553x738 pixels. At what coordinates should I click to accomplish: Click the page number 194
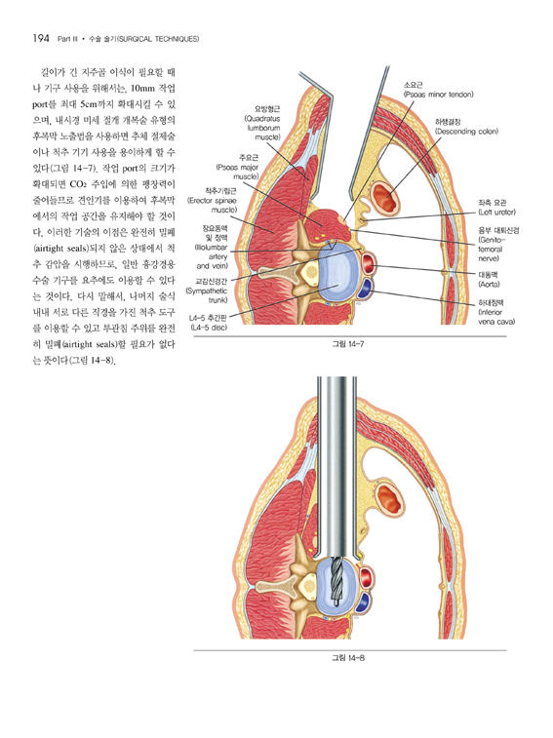(x=41, y=39)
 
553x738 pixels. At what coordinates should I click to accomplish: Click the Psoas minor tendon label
(x=438, y=90)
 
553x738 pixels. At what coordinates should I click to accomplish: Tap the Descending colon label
(x=466, y=127)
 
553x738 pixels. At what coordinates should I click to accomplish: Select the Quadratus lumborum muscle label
(x=262, y=123)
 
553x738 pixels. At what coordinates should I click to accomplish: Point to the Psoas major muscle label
(x=238, y=167)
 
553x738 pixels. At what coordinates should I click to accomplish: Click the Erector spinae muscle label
(x=212, y=200)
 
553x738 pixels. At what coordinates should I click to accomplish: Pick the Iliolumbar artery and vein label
(x=212, y=247)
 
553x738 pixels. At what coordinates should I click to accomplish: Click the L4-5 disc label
(x=209, y=323)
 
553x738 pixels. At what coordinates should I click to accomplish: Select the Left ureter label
(x=496, y=208)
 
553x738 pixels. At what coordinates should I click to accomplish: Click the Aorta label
(x=489, y=279)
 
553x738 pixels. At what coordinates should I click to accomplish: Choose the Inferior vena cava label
(x=496, y=312)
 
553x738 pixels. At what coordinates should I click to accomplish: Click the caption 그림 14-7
(x=348, y=344)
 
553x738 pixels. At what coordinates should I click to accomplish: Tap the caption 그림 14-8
(x=348, y=657)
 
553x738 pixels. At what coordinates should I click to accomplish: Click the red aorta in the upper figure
(x=369, y=265)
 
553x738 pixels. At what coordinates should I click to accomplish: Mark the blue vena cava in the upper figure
(x=365, y=290)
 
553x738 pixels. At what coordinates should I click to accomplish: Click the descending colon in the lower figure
(x=389, y=501)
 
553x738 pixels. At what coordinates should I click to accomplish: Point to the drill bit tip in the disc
(x=336, y=603)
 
